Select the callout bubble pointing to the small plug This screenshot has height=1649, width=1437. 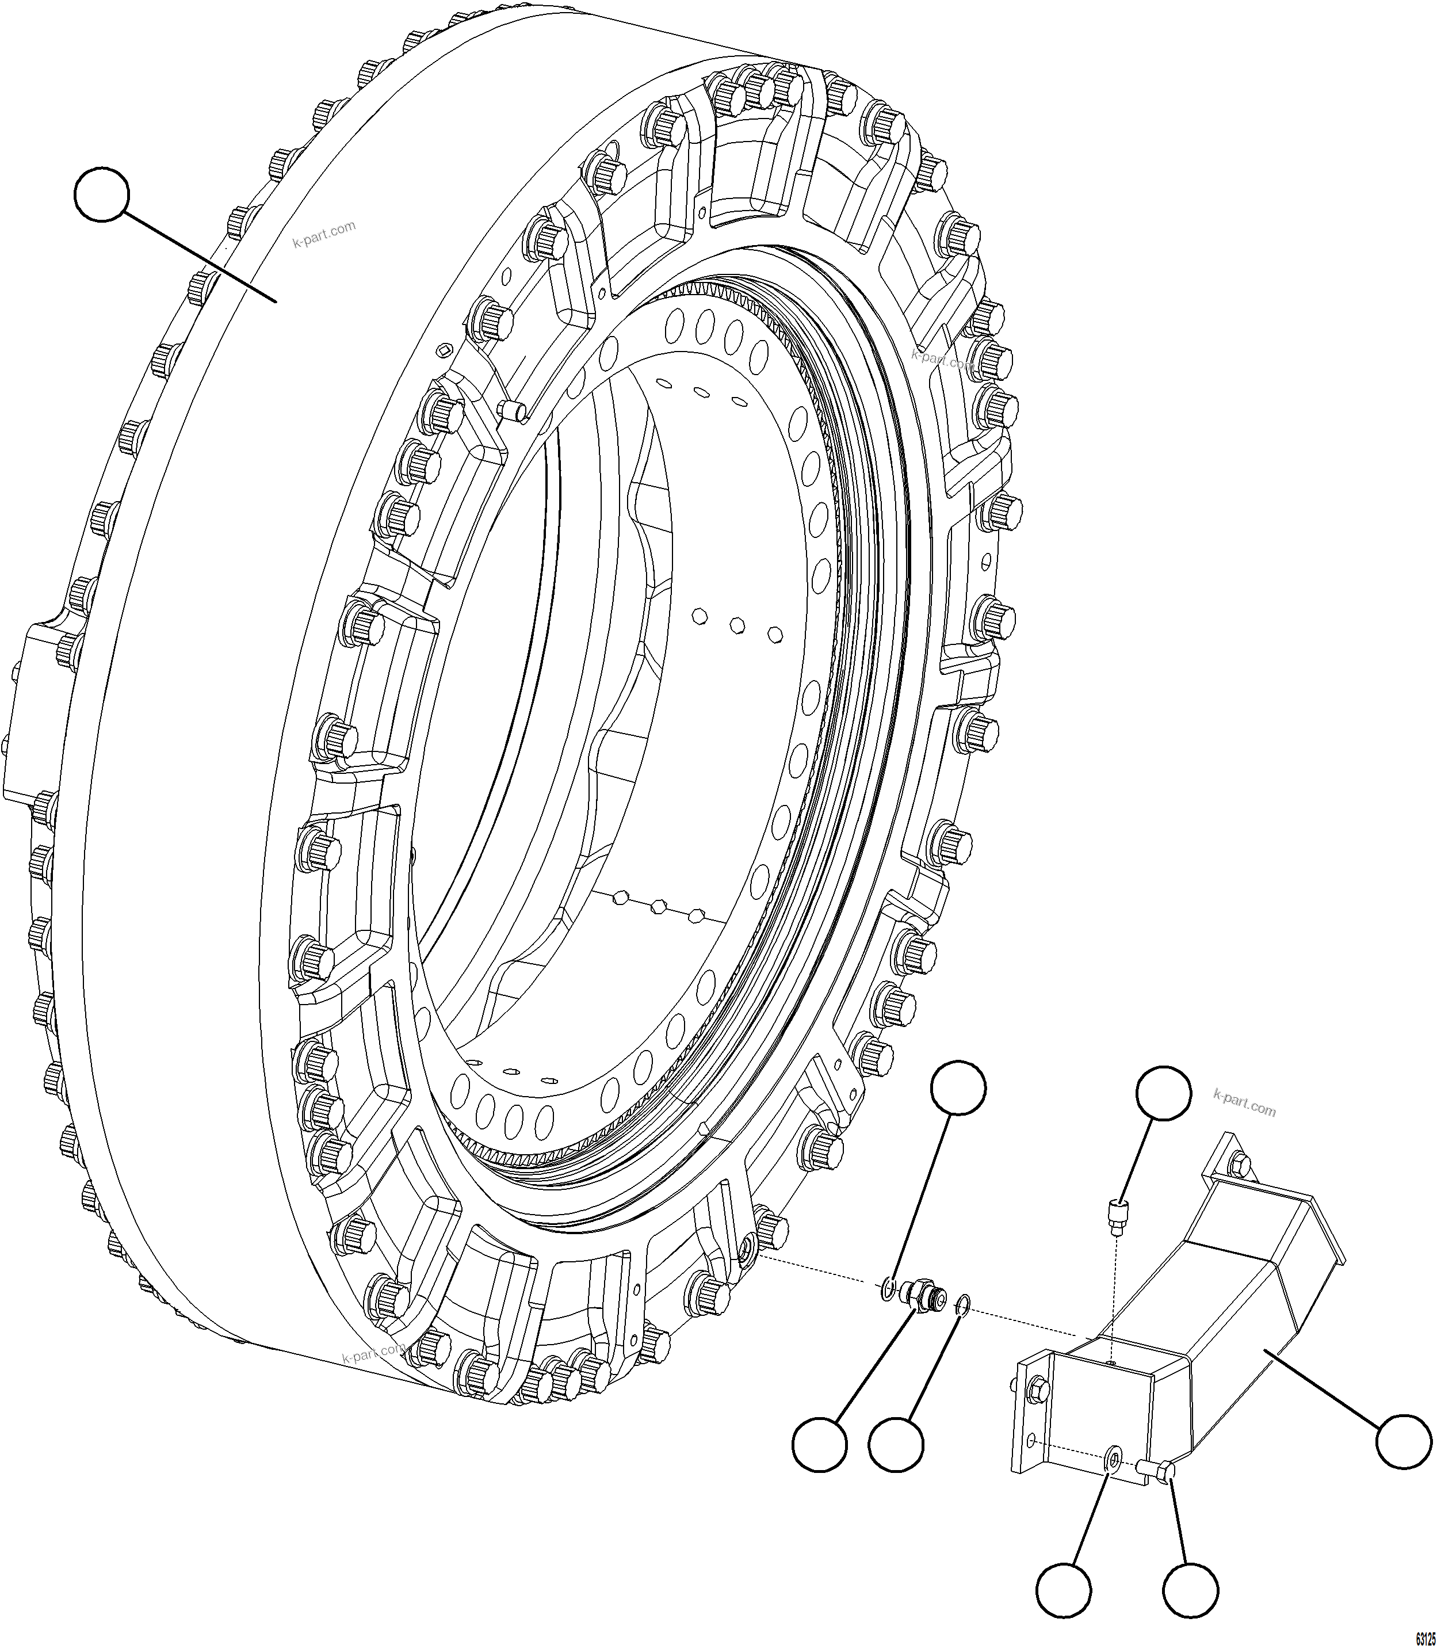(x=1164, y=1093)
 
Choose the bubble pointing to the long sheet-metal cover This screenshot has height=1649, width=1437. (x=1402, y=1441)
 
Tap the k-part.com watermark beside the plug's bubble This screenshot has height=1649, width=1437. (x=1244, y=1103)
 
